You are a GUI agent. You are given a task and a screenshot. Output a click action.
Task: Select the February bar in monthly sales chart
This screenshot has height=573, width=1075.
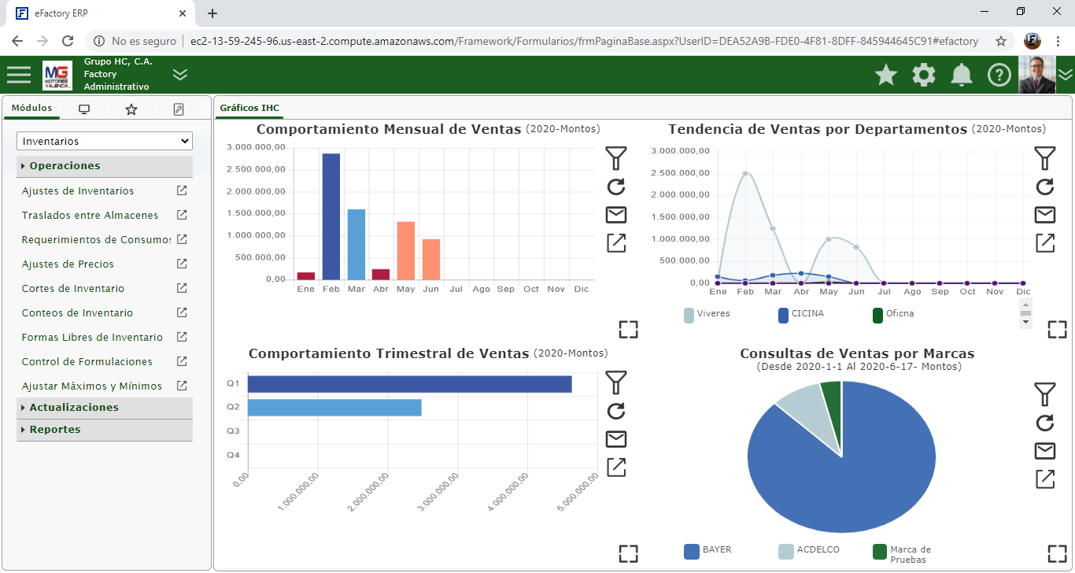pyautogui.click(x=331, y=216)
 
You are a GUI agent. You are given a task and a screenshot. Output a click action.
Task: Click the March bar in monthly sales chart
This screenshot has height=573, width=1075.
pyautogui.click(x=356, y=244)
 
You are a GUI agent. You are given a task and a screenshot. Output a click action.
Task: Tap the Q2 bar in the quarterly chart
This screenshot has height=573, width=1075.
pyautogui.click(x=334, y=408)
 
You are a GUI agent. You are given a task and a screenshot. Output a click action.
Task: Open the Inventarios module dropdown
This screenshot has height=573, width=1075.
pyautogui.click(x=105, y=142)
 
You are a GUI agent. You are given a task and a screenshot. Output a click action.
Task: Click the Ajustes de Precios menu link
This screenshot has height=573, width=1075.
pyautogui.click(x=68, y=264)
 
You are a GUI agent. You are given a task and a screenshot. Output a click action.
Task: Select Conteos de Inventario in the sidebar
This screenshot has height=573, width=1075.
pyautogui.click(x=77, y=313)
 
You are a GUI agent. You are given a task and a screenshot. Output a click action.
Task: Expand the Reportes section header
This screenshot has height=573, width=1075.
pyautogui.click(x=55, y=430)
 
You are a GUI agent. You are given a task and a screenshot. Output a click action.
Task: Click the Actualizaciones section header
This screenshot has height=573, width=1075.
pyautogui.click(x=74, y=408)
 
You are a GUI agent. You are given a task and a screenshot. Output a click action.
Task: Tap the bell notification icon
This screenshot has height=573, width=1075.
pyautogui.click(x=961, y=75)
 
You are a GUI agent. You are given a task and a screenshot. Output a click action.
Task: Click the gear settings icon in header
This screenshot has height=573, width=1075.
pyautogui.click(x=924, y=75)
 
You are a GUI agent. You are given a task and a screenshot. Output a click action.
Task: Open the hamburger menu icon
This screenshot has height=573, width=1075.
pyautogui.click(x=19, y=75)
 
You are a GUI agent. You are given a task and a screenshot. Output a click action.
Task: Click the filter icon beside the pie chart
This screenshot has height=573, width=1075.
pyautogui.click(x=1044, y=394)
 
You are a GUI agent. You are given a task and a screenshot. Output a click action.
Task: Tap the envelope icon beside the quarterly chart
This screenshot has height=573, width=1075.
pyautogui.click(x=616, y=439)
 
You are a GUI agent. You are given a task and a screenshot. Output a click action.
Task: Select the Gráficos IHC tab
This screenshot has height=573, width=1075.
pyautogui.click(x=249, y=108)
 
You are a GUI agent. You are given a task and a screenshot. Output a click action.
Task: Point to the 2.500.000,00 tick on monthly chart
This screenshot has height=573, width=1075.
pyautogui.click(x=256, y=169)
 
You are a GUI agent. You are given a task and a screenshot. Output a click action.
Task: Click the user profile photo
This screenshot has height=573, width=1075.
pyautogui.click(x=1036, y=75)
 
